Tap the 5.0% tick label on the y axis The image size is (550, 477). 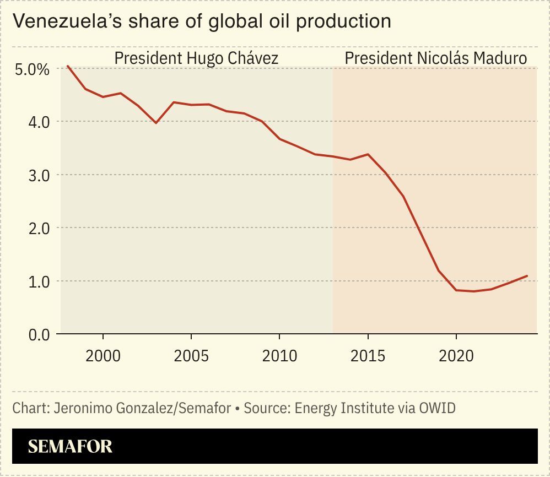click(x=31, y=70)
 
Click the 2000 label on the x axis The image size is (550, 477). click(x=103, y=356)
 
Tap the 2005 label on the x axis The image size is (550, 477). click(x=191, y=356)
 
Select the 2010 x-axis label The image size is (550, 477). click(x=279, y=356)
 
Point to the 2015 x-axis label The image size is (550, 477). click(x=368, y=356)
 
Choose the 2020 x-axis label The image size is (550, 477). click(x=456, y=356)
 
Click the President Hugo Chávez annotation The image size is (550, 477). click(x=196, y=58)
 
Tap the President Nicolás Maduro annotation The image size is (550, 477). click(x=435, y=58)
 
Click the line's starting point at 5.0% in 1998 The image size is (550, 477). click(x=68, y=66)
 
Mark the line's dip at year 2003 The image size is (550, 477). click(x=156, y=123)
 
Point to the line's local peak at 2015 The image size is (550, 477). click(x=368, y=154)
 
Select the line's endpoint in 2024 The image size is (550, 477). click(x=527, y=276)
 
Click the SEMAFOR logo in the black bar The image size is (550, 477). click(x=70, y=446)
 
